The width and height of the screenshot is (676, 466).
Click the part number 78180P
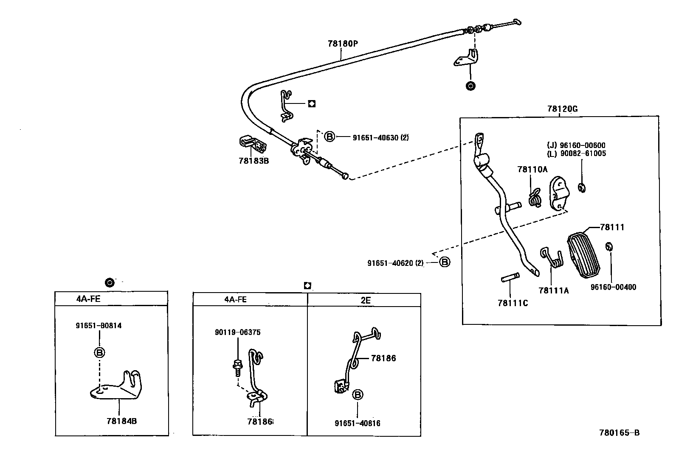tap(343, 43)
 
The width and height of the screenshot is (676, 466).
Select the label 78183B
tap(253, 161)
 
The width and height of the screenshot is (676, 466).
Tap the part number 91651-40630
tap(375, 137)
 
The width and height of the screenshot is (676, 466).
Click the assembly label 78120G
tap(562, 109)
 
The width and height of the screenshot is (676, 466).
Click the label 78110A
tap(532, 170)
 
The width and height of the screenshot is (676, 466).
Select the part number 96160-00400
tap(613, 287)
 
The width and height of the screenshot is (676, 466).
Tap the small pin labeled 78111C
tap(510, 279)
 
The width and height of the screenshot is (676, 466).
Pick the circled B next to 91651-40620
tap(444, 262)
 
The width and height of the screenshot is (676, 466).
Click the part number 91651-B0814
tap(99, 326)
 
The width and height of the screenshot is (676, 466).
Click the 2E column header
tap(365, 300)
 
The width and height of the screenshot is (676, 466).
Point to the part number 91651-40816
tap(357, 423)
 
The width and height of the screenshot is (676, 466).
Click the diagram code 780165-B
tap(619, 433)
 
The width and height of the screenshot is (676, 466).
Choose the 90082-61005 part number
tap(581, 153)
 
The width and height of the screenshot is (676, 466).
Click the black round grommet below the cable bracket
tap(470, 86)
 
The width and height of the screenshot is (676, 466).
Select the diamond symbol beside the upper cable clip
tap(312, 103)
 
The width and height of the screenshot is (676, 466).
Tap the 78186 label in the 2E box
tap(383, 358)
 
